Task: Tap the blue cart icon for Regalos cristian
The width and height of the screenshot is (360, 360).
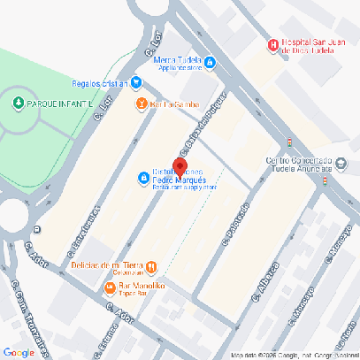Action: click(137, 83)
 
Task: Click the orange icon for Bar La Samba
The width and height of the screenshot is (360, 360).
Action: click(141, 103)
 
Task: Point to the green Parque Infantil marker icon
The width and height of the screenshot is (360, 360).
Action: click(19, 103)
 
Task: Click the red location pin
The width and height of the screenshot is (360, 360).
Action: click(180, 167)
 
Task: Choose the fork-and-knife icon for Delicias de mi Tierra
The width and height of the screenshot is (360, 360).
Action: click(151, 265)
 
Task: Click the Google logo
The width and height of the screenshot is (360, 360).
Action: click(19, 352)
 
